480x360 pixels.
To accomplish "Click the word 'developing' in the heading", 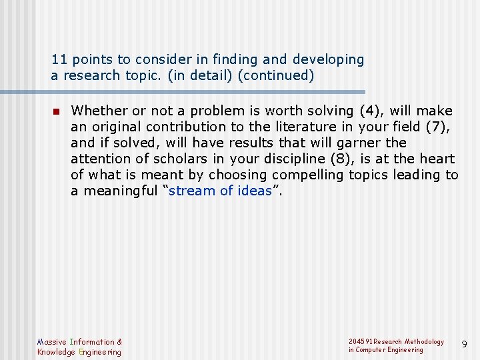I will click(331, 60).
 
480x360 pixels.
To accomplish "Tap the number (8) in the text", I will click(380, 159).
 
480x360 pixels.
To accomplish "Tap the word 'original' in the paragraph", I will click(114, 127).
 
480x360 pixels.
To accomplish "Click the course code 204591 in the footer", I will click(361, 341).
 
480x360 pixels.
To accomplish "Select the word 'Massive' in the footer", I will click(51, 342).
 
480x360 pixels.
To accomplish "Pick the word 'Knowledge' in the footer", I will click(56, 352).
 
